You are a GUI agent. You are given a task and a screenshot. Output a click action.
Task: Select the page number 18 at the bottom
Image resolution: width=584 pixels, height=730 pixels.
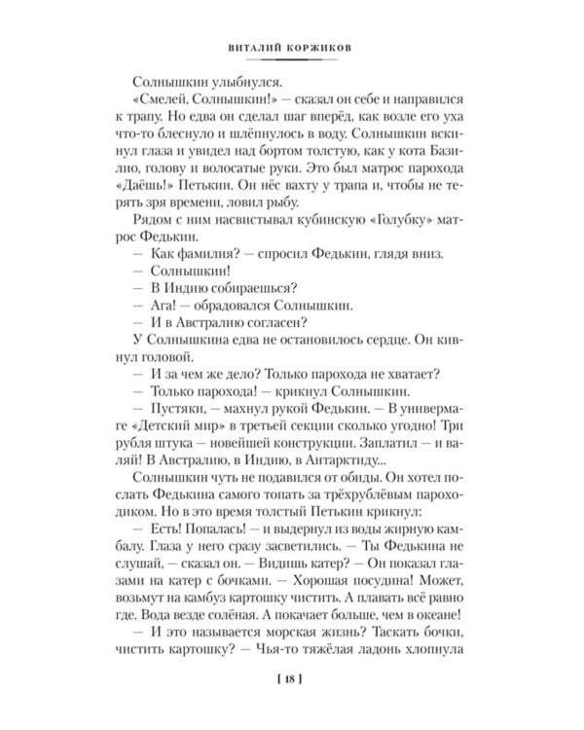(291, 678)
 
